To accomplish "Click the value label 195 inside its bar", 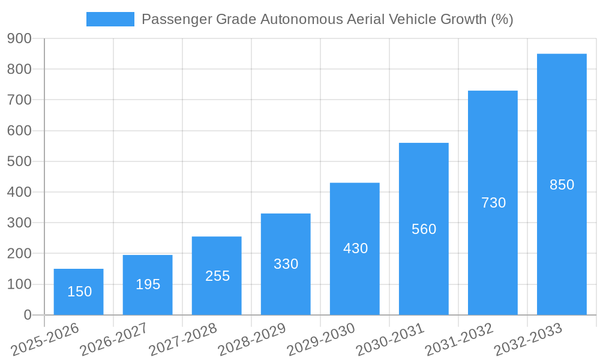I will [148, 284].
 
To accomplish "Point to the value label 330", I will [286, 264].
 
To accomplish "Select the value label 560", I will [424, 229].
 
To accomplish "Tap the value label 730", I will [493, 203].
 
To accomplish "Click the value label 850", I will [562, 185].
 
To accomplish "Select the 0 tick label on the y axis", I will [28, 315].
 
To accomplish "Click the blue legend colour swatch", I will [110, 19].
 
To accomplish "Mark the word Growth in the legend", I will [462, 19].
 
